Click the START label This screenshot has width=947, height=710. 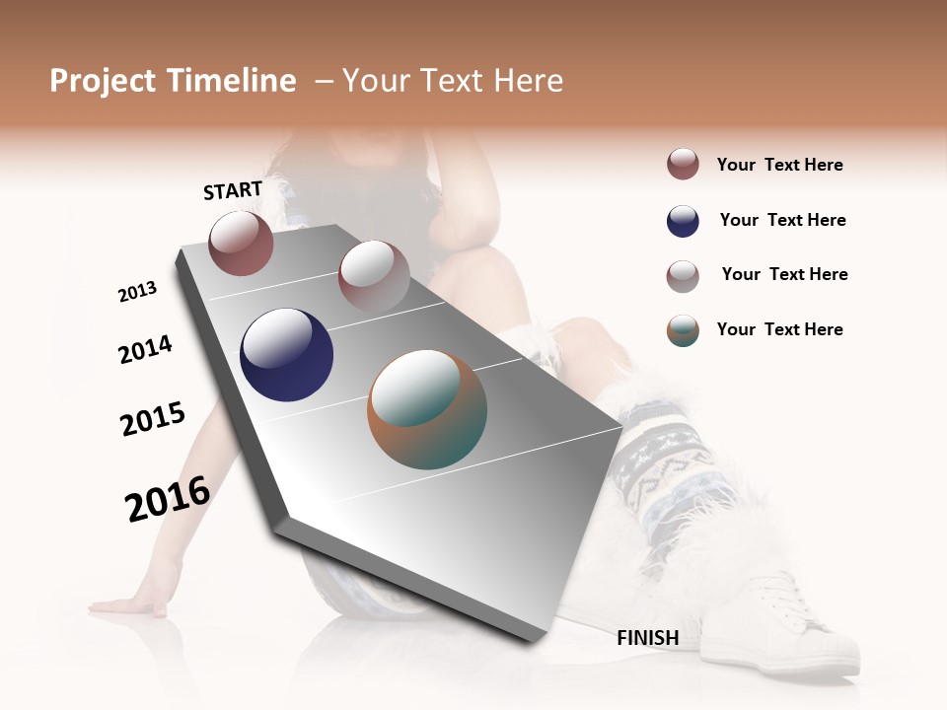(x=233, y=190)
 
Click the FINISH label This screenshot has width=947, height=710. (x=647, y=638)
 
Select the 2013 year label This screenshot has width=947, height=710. (x=137, y=292)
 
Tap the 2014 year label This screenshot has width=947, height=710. (x=145, y=349)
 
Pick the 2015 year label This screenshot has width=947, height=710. (x=153, y=419)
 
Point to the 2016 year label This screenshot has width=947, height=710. (x=168, y=498)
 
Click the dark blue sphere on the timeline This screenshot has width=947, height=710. (x=286, y=355)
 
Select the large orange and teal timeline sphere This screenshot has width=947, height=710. (x=427, y=408)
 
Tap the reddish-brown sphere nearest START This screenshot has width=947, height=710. (x=241, y=243)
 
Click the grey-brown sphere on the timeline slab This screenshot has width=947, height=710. (x=374, y=276)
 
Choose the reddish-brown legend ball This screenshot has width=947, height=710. (x=683, y=164)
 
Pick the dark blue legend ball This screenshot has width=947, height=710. (x=683, y=221)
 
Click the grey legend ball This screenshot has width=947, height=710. (x=683, y=276)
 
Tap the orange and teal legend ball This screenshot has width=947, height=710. (x=683, y=330)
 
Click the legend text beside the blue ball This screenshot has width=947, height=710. (x=782, y=220)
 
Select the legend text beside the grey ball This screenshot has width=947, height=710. (x=784, y=274)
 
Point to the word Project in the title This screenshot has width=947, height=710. (x=103, y=81)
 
